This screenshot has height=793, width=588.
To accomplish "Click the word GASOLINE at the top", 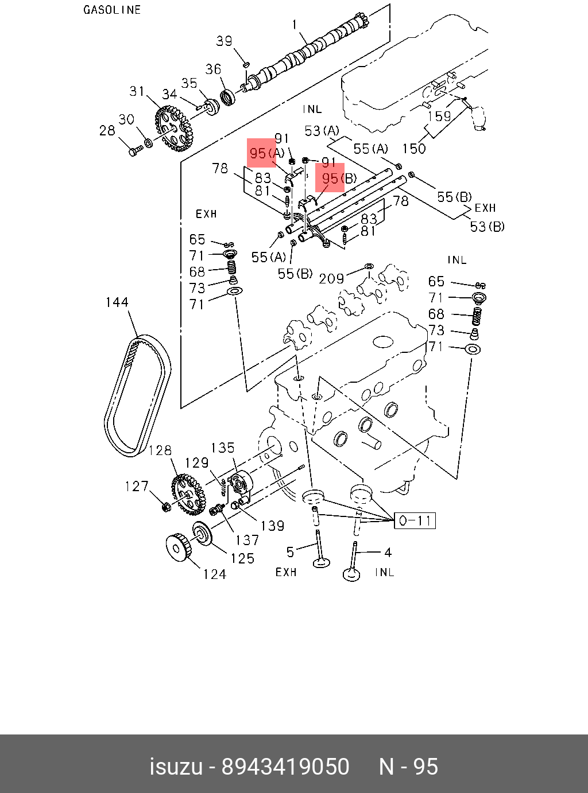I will pyautogui.click(x=112, y=10).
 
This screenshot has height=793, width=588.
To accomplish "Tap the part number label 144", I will pyautogui.click(x=117, y=302).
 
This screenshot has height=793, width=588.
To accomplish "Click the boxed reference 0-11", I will pyautogui.click(x=415, y=520).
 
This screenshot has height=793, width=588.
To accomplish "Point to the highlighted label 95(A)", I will pyautogui.click(x=266, y=154).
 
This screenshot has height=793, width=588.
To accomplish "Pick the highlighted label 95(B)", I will pyautogui.click(x=338, y=178).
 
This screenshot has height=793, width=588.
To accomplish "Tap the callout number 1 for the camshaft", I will pyautogui.click(x=295, y=25).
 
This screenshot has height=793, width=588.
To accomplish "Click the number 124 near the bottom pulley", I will pyautogui.click(x=214, y=574).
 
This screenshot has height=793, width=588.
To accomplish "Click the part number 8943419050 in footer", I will pyautogui.click(x=285, y=767).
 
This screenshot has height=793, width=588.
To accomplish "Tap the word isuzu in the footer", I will pyautogui.click(x=176, y=767).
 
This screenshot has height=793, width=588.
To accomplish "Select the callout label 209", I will pyautogui.click(x=331, y=279).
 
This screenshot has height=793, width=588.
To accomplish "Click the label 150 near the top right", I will pyautogui.click(x=413, y=149).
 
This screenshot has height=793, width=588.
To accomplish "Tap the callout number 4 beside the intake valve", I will pyautogui.click(x=388, y=553).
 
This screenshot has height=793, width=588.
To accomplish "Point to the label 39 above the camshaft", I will pyautogui.click(x=224, y=41).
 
